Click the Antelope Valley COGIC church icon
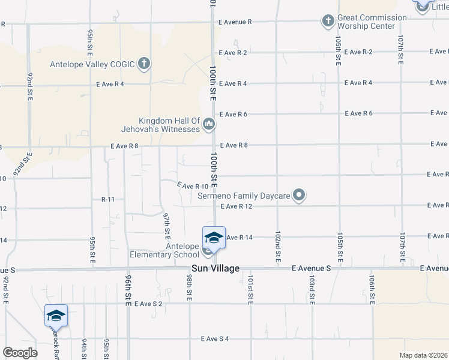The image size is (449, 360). click(144, 63)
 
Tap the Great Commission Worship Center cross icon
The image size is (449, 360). click(328, 22)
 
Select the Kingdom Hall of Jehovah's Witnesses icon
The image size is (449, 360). click(209, 125)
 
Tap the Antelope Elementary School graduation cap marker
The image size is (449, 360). click(213, 238)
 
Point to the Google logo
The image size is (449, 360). click(20, 353)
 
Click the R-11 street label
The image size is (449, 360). click(108, 199)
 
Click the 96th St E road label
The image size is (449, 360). click(128, 291)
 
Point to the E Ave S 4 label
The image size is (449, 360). click(215, 339)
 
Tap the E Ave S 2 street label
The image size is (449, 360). click(149, 304)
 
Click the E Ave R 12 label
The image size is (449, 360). click(236, 206)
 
